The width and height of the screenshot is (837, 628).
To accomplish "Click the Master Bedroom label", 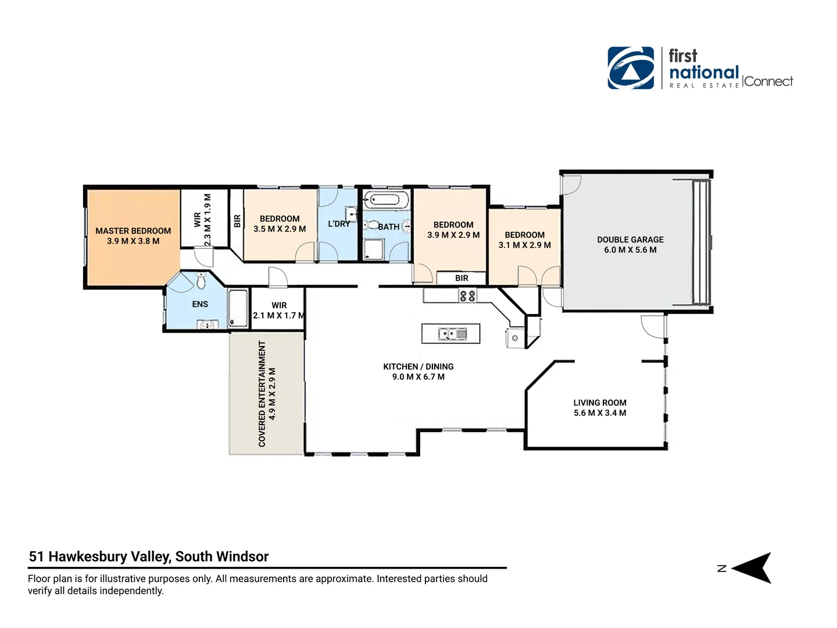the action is coord(133,231).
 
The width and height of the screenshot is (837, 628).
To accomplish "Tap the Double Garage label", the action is coord(630,240).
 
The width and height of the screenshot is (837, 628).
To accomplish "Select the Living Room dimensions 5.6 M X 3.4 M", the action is coord(600,413).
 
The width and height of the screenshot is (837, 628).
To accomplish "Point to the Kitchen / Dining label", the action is coord(419,366).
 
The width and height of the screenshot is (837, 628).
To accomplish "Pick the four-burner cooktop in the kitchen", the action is coord(467,296).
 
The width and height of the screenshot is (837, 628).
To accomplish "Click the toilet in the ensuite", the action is coord(201,281).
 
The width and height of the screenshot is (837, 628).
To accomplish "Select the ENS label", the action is coord(200,304).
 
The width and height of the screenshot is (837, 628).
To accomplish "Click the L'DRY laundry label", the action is coord(339,224).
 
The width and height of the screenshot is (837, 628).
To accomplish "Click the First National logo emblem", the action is coord(631,68).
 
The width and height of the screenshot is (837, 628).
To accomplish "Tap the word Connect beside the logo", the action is coord(768,81).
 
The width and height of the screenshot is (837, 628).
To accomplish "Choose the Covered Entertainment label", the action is coord(262,394).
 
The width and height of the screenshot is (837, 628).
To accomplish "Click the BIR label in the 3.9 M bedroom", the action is coord(462,278).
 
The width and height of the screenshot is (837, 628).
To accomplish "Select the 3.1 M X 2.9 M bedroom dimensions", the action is coord(525,245).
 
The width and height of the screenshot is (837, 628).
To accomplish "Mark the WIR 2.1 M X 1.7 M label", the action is coord(279,311).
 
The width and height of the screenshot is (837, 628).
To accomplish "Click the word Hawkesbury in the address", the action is coord(109,557).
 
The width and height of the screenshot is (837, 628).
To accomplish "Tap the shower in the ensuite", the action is coord(238,308).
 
